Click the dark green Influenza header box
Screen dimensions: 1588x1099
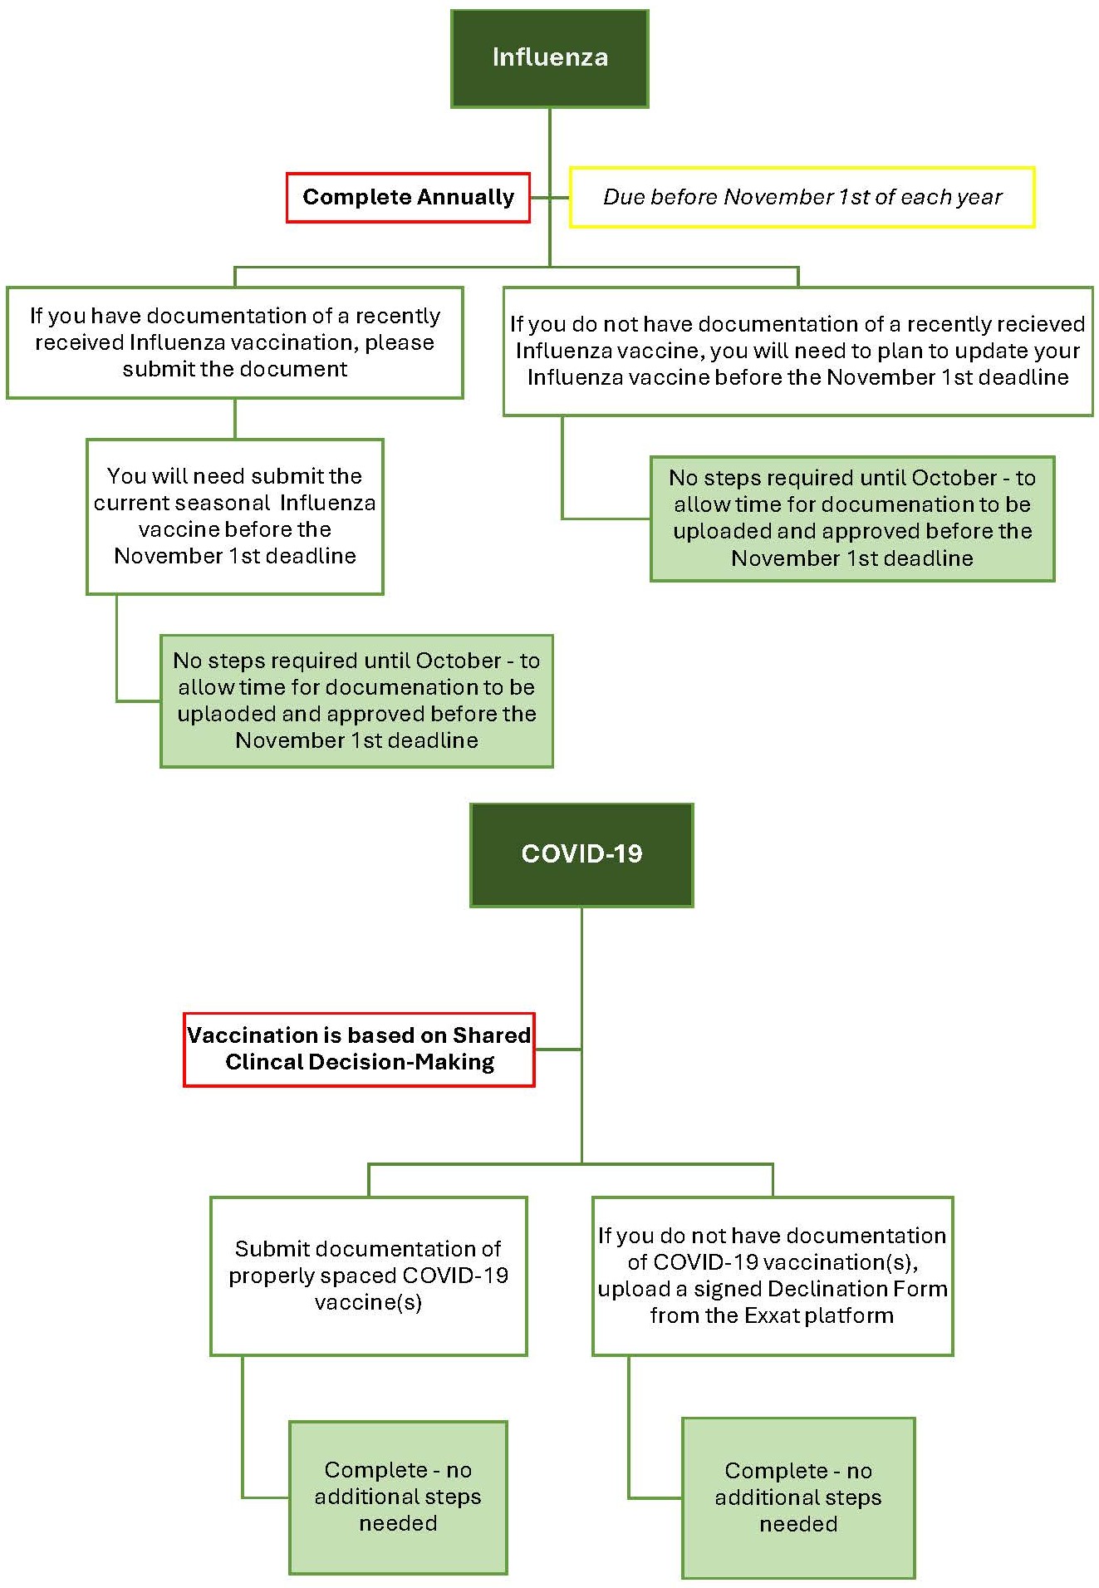point(549,58)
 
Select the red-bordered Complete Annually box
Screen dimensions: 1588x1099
point(408,197)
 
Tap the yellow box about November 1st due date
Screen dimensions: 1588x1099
point(802,197)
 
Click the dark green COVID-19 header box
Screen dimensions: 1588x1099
point(581,854)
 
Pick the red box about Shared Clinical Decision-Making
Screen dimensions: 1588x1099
point(359,1049)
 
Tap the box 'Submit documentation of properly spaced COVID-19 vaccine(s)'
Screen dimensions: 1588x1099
point(368,1276)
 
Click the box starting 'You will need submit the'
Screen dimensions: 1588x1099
point(235,516)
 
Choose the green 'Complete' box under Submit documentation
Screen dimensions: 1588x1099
point(398,1497)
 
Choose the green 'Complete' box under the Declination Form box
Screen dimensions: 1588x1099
point(798,1497)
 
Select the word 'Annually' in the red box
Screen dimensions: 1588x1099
point(466,197)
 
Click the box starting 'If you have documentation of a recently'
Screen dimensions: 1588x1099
point(235,342)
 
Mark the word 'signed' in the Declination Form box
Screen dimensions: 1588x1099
point(723,1289)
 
